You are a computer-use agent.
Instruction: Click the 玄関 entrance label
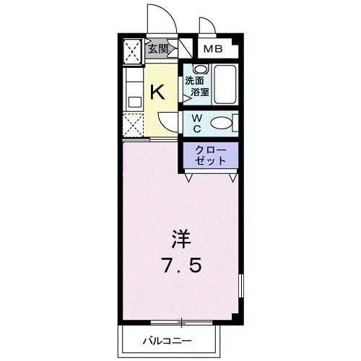click(x=159, y=50)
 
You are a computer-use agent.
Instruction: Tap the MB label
click(x=212, y=49)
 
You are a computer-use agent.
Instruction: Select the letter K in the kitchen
click(x=158, y=92)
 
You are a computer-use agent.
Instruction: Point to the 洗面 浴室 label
click(x=196, y=87)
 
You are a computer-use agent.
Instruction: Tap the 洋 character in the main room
click(x=180, y=238)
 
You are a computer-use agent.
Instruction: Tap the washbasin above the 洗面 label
click(x=196, y=69)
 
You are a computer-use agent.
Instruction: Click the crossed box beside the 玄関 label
click(x=133, y=50)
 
